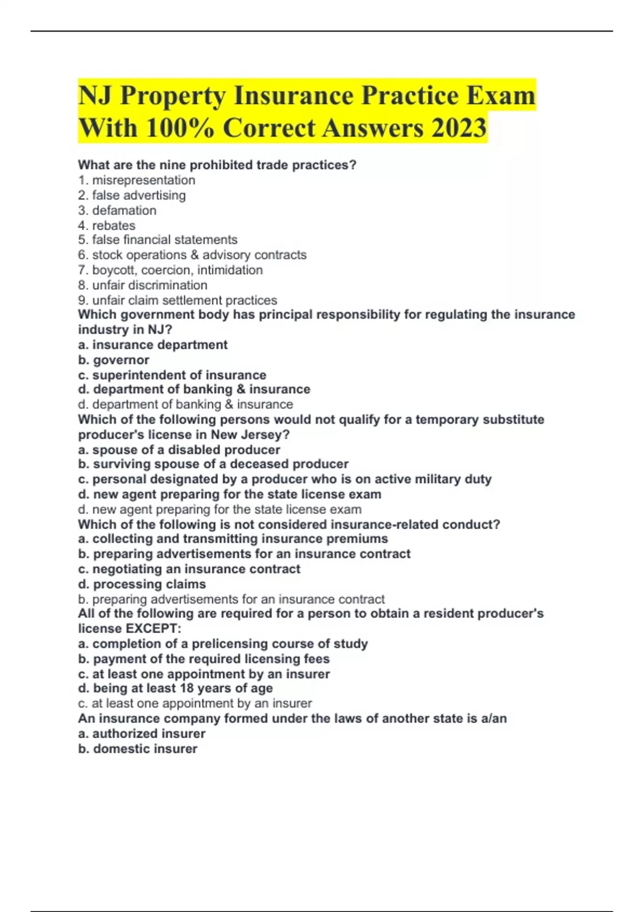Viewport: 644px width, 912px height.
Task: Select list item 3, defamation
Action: coord(118,210)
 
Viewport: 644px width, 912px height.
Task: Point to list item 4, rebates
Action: coord(107,225)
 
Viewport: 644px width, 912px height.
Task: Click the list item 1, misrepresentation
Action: coord(137,180)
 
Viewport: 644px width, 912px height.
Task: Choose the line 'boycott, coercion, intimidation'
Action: coord(171,270)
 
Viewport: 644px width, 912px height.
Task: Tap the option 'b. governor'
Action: coord(114,360)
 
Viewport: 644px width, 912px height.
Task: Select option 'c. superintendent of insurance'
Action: coord(172,375)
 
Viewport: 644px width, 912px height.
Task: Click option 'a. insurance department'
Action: coord(153,345)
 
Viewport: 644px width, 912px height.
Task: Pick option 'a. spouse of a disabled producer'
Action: coord(179,450)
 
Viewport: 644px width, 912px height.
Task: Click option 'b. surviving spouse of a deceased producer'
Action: coord(213,464)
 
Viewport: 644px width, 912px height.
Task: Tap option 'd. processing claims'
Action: coord(142,584)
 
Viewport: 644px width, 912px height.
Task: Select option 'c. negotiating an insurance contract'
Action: coord(189,569)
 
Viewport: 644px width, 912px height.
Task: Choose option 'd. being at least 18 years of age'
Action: coord(175,688)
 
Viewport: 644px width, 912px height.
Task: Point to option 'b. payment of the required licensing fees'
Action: coord(204,659)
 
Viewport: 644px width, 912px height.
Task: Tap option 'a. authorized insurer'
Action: coord(142,733)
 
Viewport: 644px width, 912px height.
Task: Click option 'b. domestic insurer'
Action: coord(138,748)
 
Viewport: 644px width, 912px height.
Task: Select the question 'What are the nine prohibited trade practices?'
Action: coord(217,165)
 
